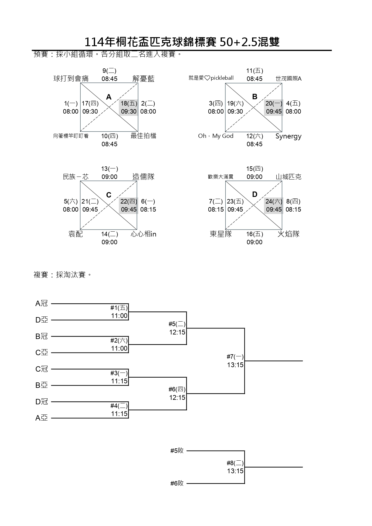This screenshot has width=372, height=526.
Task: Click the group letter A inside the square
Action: coord(109,97)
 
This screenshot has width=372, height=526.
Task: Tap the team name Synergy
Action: coord(288,136)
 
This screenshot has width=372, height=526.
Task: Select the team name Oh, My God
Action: coord(216,136)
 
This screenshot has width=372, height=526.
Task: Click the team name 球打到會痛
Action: coord(71,79)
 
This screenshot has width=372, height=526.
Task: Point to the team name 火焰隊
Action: coord(288,234)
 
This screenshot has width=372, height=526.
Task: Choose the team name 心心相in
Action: coord(143,234)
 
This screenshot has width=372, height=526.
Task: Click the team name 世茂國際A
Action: coord(288,79)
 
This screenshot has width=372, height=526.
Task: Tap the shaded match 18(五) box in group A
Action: coord(129,107)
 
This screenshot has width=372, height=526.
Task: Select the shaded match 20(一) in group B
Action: coord(274,107)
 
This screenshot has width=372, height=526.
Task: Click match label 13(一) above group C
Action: coord(109,169)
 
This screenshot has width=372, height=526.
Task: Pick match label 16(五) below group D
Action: coord(254,234)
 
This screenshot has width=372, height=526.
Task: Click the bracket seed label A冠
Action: coord(42,304)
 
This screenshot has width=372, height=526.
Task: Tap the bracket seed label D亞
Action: coord(42,320)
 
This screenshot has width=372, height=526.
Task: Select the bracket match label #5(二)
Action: coord(177,324)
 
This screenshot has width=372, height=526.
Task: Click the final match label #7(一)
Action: coord(235,357)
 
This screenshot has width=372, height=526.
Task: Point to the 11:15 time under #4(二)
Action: coord(119,414)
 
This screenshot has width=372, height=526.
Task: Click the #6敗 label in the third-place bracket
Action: coord(177,483)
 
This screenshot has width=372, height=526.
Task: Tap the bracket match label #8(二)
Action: coord(235,463)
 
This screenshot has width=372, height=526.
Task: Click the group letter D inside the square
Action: coord(254,195)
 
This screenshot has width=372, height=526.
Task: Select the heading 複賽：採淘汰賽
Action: coord(62,275)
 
